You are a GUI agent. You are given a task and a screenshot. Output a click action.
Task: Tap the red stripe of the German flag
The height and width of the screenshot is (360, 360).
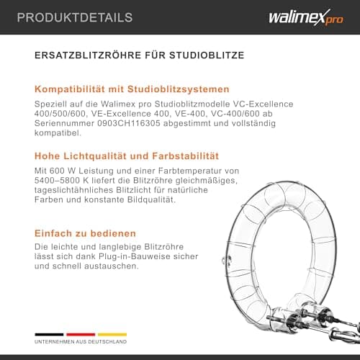[81, 335]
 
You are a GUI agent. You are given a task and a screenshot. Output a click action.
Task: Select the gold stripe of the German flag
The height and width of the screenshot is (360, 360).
[112, 335]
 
